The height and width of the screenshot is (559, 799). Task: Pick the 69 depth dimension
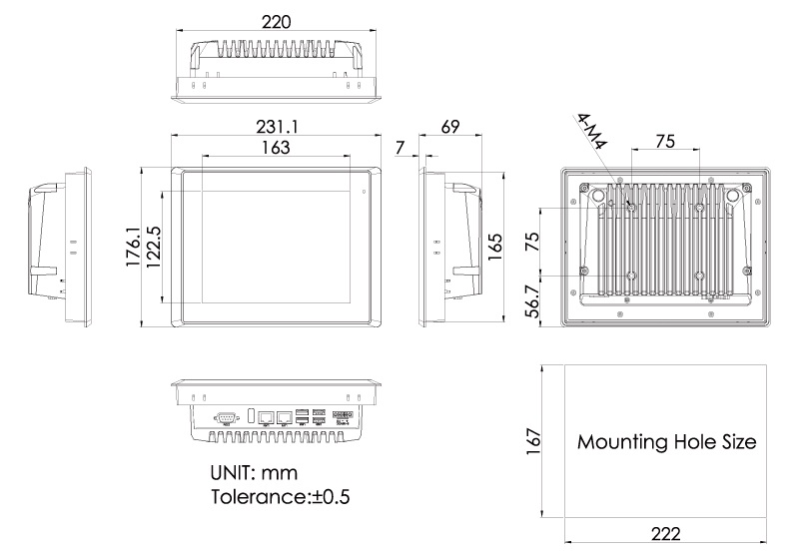click(449, 127)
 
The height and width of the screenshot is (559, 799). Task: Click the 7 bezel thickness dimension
click(401, 148)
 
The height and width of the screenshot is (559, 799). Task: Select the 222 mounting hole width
click(666, 535)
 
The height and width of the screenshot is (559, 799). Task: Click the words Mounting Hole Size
click(666, 441)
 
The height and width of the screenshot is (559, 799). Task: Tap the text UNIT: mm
click(254, 471)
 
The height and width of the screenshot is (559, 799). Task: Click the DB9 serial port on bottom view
click(226, 415)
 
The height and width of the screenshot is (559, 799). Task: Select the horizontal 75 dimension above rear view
click(665, 142)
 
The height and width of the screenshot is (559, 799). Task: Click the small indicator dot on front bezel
click(363, 190)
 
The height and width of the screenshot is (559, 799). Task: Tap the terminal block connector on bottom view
click(342, 415)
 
